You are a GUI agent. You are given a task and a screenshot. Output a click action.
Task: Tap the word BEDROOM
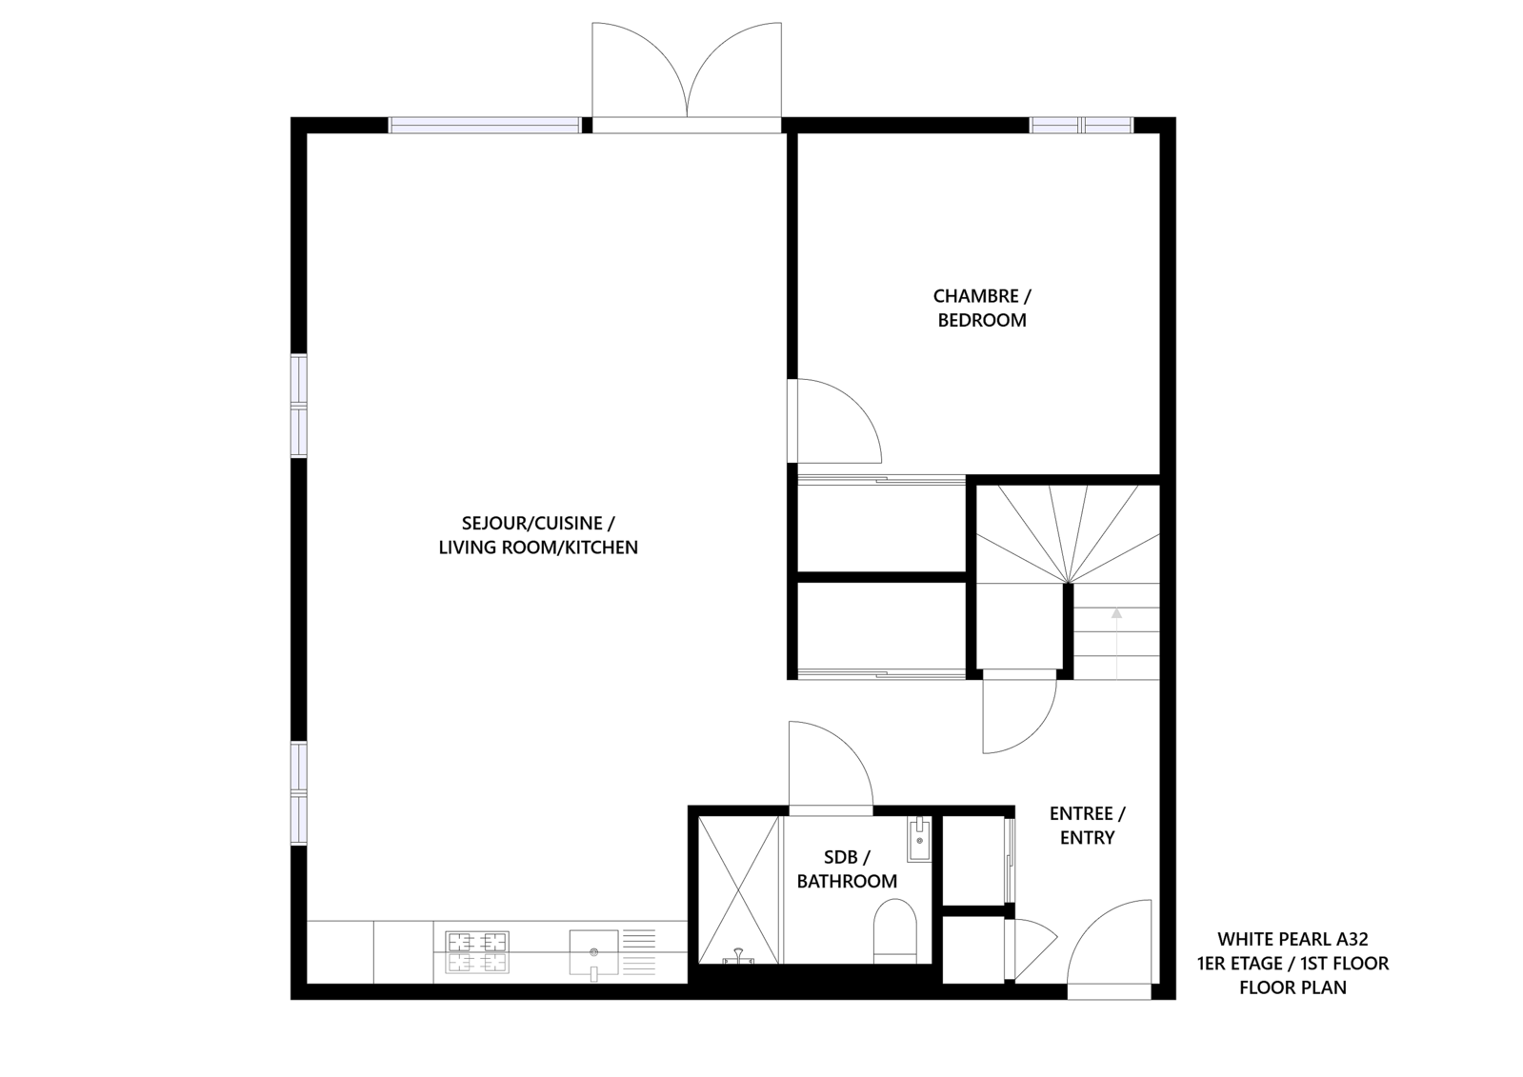click(x=982, y=320)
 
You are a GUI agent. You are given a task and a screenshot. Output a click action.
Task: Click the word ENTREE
click(x=1081, y=814)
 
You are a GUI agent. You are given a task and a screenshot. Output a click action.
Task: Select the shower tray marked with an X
click(x=738, y=890)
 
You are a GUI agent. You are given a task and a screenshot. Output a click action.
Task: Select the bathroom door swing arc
click(x=850, y=747)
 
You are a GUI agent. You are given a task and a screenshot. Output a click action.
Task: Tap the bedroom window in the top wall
click(x=1081, y=125)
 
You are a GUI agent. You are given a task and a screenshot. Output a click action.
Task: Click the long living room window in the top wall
click(x=485, y=125)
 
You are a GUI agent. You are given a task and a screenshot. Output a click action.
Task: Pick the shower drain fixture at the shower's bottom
click(x=738, y=959)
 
